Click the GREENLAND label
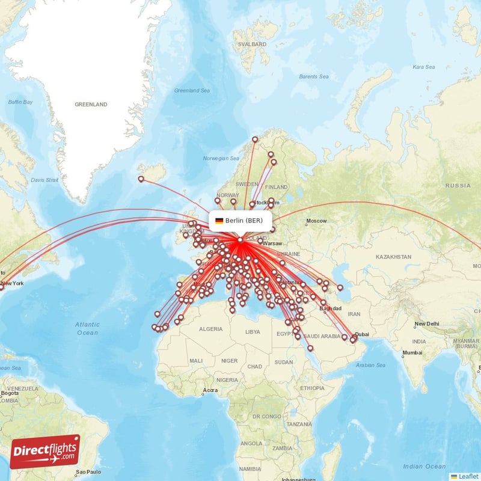tap(91, 105)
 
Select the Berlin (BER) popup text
tap(244, 221)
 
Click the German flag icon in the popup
tap(219, 221)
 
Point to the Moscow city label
tap(316, 221)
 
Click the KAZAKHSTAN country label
tap(393, 257)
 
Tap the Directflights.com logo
tap(45, 452)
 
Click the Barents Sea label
tap(314, 76)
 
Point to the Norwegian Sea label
tap(221, 159)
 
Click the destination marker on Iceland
tap(141, 179)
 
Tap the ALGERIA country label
tap(210, 329)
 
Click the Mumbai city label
tap(412, 352)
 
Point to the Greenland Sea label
tap(192, 91)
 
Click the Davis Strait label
tap(45, 180)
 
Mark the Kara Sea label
tap(424, 67)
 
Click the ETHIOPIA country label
tap(313, 388)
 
